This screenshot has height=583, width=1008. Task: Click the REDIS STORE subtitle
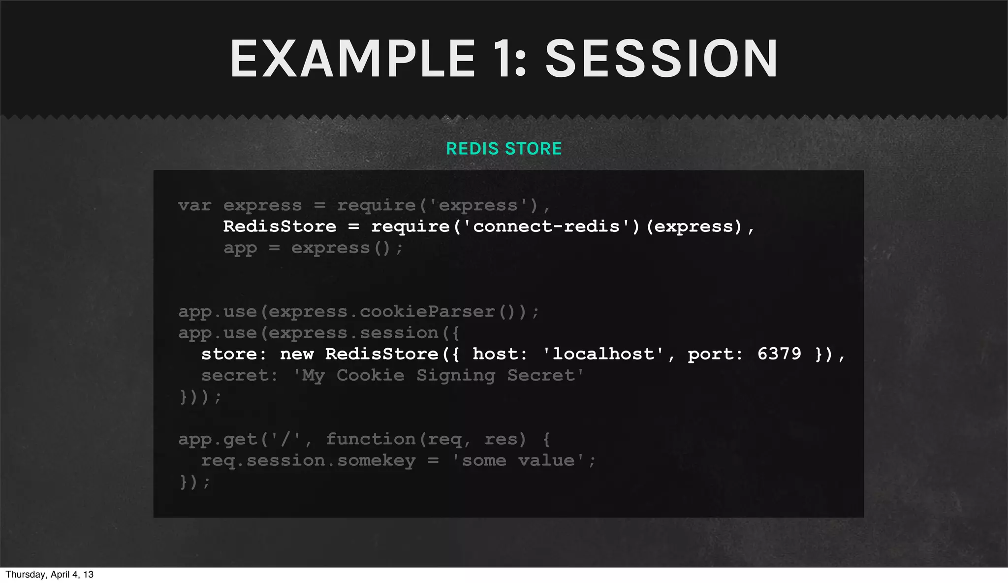coord(504,149)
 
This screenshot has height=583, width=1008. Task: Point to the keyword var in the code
coord(195,205)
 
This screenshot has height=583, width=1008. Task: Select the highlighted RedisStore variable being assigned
coord(280,227)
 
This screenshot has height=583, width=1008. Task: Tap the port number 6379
coord(779,354)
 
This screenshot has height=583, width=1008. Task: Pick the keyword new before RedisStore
coord(297,354)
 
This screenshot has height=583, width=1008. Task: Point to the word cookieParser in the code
coord(427,312)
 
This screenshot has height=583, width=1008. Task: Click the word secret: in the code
coord(239,376)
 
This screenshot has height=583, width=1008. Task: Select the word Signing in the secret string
coord(456,376)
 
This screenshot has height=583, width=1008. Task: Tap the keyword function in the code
coord(371,439)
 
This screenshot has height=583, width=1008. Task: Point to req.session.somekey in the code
coord(308,461)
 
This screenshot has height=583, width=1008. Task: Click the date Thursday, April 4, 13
coord(49,575)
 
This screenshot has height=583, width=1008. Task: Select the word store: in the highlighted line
coord(234,354)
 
